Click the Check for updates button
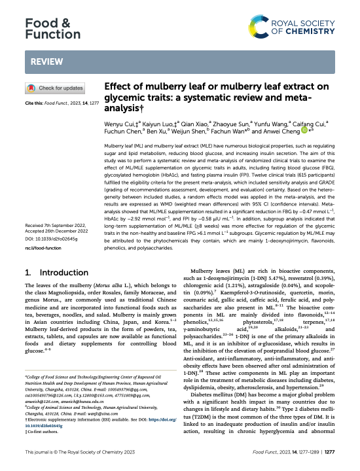54,88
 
